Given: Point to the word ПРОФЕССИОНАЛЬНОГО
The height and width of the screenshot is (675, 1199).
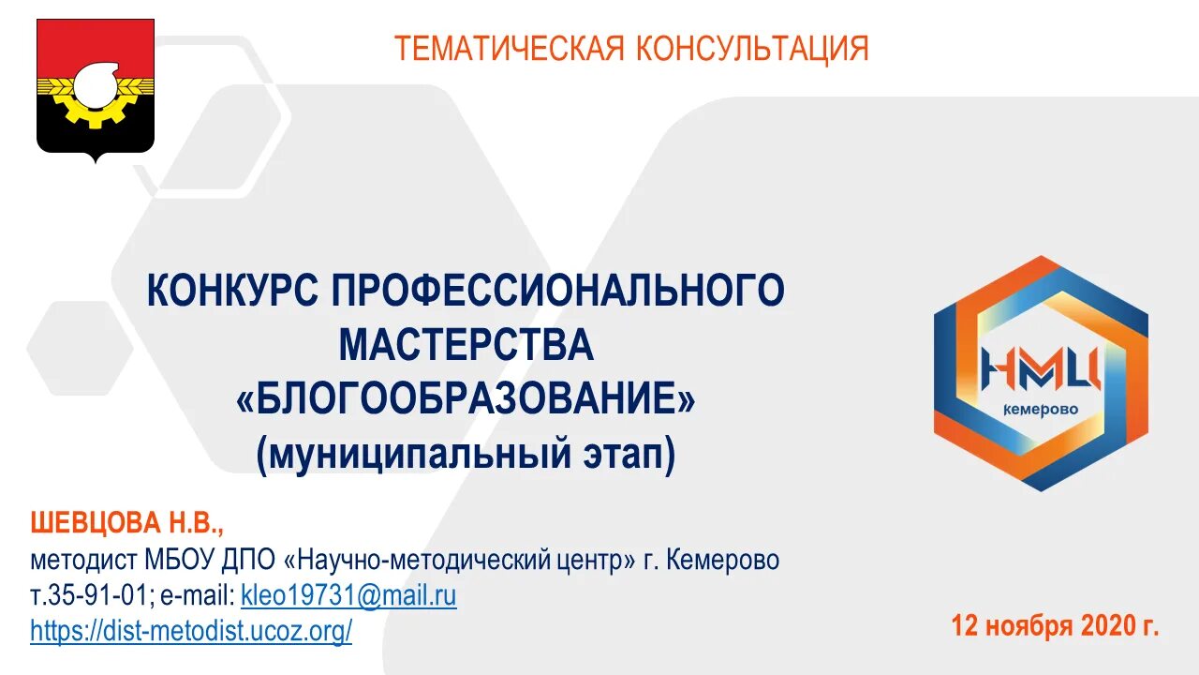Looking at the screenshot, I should coord(557,292).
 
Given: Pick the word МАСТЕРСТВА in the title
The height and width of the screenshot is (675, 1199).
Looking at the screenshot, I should coord(466,346).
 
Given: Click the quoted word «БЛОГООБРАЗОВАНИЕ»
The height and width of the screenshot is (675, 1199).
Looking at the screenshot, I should coord(466,400).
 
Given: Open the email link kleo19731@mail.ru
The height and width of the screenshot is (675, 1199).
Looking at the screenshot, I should coord(348,595).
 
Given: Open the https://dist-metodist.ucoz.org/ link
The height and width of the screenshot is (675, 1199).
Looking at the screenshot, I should coord(191,631).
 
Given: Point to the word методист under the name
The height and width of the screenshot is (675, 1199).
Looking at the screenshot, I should coord(83,561).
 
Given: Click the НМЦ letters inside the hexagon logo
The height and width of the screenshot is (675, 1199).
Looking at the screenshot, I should coord(1040,368).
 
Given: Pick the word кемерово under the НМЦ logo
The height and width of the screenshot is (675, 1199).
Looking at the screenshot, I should coord(1040,410).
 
